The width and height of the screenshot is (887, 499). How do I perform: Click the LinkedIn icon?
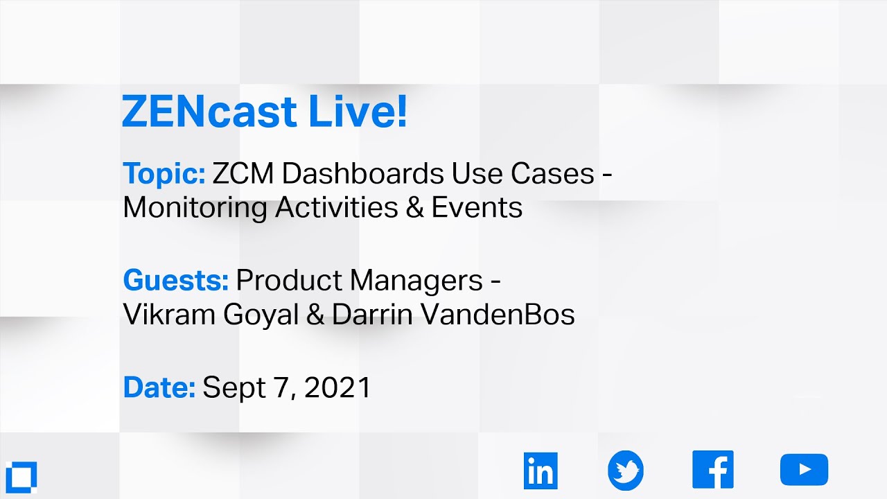[x=541, y=471]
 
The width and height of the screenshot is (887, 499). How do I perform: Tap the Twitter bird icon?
[x=626, y=471]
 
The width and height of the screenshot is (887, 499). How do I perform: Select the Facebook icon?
[x=712, y=470]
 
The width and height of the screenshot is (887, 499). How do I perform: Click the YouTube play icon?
[x=804, y=470]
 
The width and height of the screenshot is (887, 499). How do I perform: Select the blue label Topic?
[x=164, y=174]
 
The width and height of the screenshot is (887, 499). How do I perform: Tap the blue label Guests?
[x=176, y=281]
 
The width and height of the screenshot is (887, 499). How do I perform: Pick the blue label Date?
[x=159, y=387]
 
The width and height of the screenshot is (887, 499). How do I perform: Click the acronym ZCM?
[x=243, y=174]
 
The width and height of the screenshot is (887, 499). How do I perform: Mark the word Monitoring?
[x=195, y=208]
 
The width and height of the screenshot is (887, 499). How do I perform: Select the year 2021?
[x=337, y=387]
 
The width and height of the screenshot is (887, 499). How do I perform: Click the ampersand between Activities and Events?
[x=415, y=208]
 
